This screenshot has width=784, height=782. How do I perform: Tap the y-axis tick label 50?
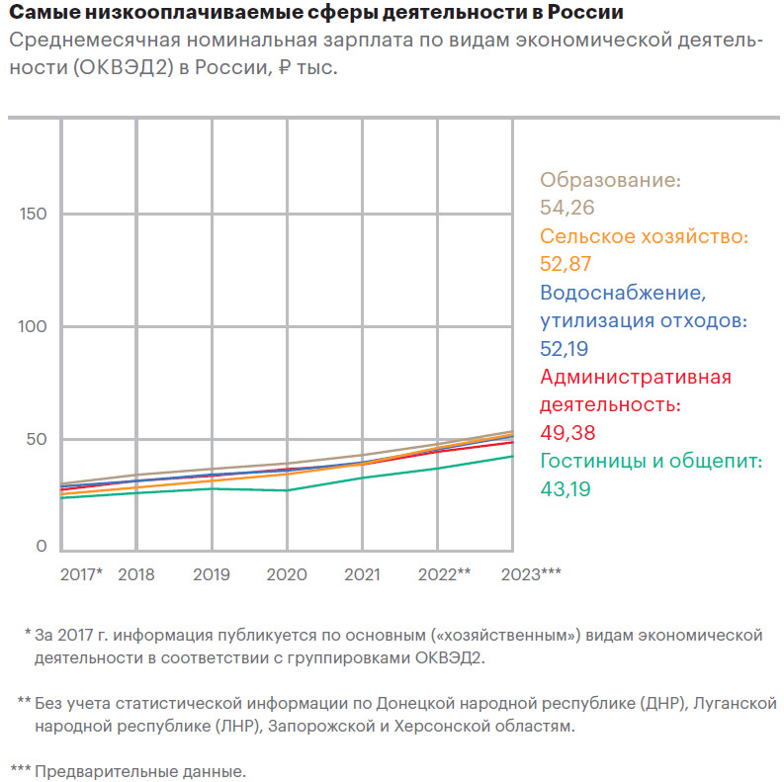click(36, 439)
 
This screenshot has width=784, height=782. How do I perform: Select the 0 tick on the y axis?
click(42, 546)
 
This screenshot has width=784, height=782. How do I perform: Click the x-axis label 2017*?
click(81, 574)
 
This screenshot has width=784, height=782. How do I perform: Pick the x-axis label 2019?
click(212, 574)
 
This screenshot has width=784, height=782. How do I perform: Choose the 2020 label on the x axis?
click(287, 574)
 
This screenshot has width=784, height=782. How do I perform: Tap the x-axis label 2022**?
click(444, 574)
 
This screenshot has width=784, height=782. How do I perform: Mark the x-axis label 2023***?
click(532, 574)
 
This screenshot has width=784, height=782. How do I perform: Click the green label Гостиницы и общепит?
click(652, 461)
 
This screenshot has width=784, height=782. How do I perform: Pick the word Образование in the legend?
click(610, 181)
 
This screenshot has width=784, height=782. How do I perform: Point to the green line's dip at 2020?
click(287, 490)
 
